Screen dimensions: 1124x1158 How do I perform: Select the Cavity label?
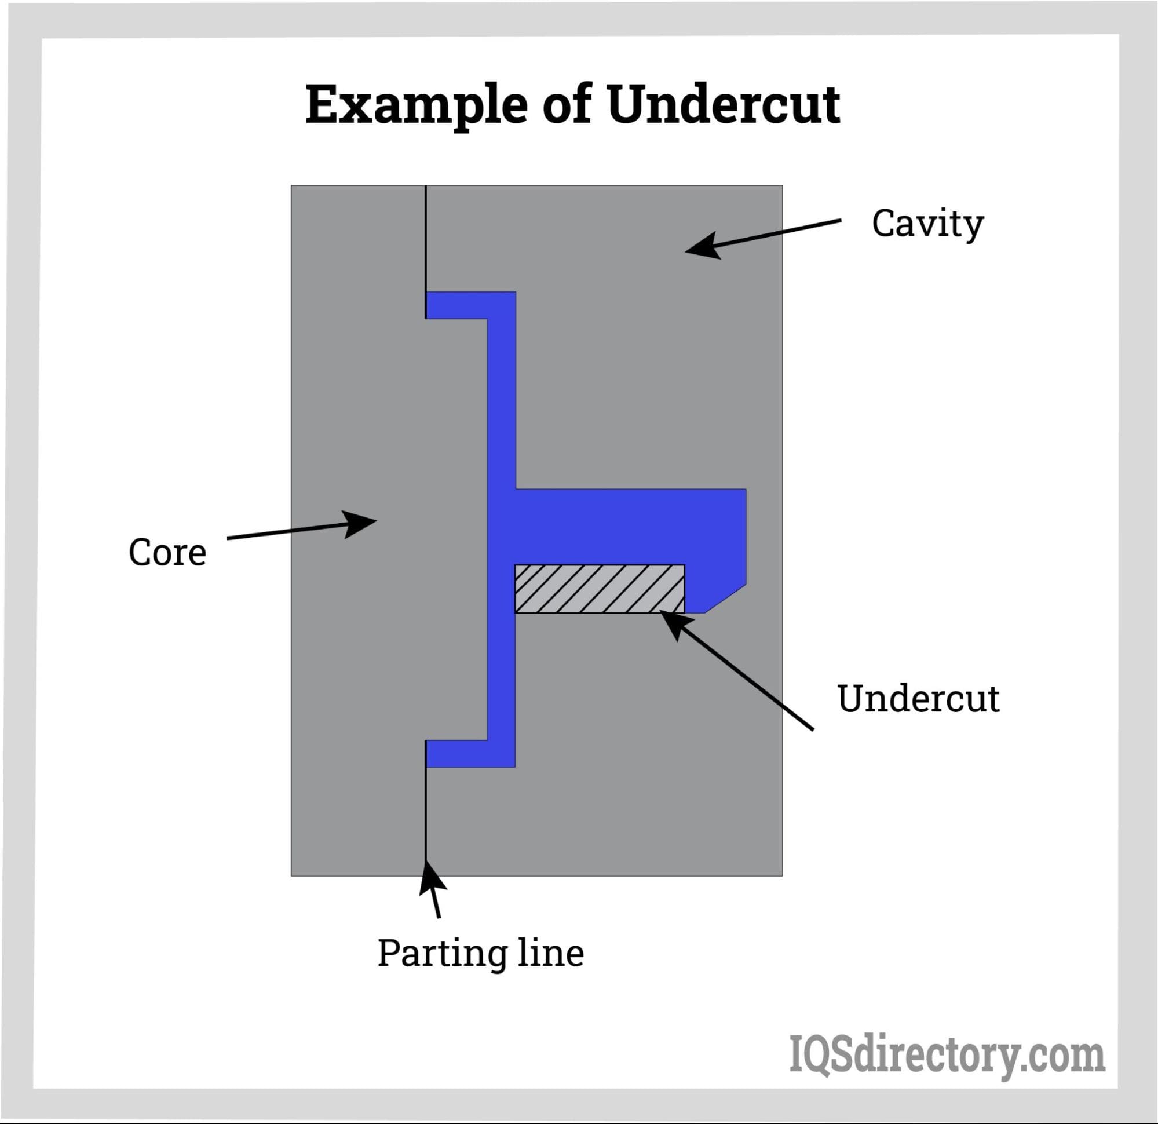click(927, 225)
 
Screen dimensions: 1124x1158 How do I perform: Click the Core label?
click(167, 553)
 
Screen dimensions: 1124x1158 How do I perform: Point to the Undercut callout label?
click(918, 699)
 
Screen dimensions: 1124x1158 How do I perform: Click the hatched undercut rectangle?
click(599, 589)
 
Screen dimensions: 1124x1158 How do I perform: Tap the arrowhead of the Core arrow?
click(361, 523)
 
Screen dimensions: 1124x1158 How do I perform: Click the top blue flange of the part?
click(470, 305)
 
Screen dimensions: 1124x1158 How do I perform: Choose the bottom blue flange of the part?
click(470, 753)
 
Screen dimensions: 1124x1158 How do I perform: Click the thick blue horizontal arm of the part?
click(626, 527)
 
